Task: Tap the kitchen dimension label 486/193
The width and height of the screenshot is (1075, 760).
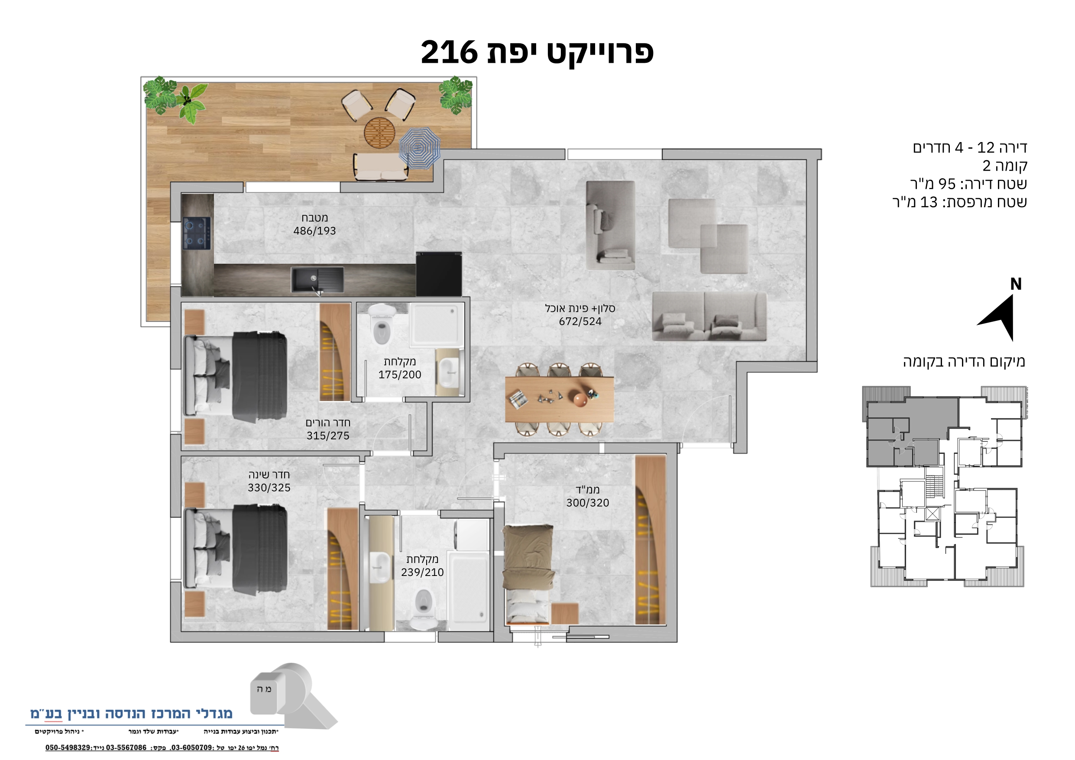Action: coord(314,231)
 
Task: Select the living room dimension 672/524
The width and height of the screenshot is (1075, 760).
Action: coord(580,321)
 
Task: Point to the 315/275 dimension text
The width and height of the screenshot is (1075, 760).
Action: coord(328,436)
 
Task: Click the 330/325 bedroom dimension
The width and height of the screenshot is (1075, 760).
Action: coord(269,488)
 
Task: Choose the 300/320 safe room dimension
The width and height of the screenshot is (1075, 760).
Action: coord(588,502)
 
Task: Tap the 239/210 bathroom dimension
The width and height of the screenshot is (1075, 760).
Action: coord(422,572)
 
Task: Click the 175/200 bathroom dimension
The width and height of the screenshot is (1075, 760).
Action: coord(400,375)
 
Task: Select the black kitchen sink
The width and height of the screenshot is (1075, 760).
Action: coord(317,280)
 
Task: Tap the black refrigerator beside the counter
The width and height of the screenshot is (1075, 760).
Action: coord(439,274)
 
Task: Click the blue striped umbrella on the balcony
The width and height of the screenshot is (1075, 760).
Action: coord(420,149)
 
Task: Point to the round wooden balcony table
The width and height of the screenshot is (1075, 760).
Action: coord(379,133)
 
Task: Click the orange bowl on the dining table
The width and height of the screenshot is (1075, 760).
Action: coord(580,399)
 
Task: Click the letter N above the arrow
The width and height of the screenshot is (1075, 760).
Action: coord(1016,284)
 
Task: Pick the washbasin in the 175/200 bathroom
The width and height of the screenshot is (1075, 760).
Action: coord(448,373)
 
